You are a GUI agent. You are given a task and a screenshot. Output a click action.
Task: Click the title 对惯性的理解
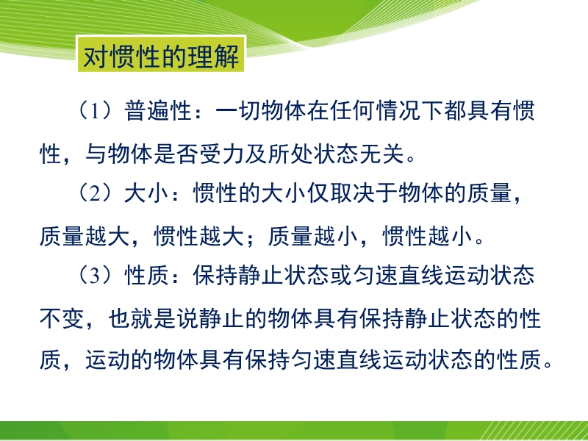(161, 57)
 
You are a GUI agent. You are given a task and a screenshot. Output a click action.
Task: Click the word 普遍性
(159, 111)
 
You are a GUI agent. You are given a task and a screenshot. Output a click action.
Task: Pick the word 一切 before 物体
(238, 111)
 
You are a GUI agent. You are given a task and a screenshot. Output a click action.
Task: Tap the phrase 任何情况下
(375, 111)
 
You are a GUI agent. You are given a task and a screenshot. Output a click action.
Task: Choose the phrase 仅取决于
(353, 194)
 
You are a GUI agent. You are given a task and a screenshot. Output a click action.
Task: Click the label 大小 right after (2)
(147, 194)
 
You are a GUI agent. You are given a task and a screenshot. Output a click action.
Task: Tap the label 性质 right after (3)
(147, 276)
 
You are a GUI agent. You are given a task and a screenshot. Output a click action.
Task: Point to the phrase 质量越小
(314, 237)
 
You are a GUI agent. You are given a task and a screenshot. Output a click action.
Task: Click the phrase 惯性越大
(199, 237)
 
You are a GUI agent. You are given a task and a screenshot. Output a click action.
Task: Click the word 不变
(62, 319)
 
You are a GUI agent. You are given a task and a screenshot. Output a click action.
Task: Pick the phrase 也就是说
(154, 319)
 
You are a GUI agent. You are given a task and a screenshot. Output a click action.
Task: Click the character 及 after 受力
(256, 154)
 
